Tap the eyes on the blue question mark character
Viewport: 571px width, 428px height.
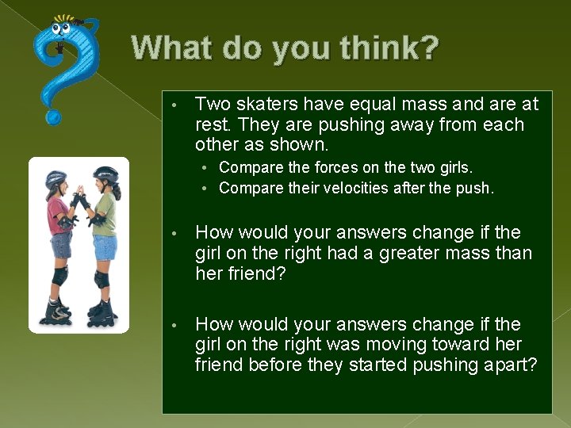(62, 30)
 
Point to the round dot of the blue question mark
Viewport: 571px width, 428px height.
(53, 117)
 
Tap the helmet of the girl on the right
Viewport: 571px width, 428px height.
(105, 174)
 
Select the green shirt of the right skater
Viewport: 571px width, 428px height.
(105, 215)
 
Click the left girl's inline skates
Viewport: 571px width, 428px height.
(56, 311)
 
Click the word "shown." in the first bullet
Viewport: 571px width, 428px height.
(301, 145)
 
